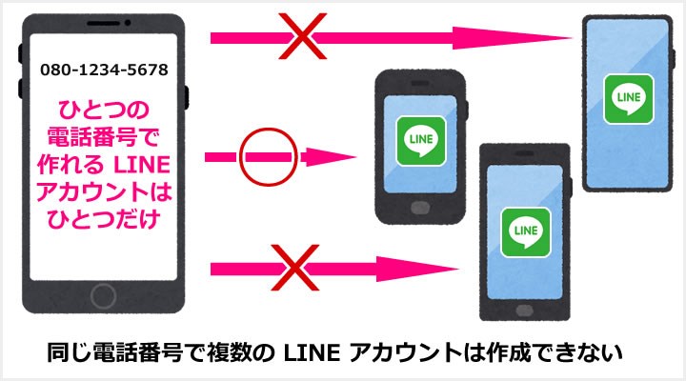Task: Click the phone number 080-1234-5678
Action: (x=105, y=70)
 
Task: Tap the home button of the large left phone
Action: (x=105, y=291)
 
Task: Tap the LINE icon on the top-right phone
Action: (x=628, y=98)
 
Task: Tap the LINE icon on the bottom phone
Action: (x=522, y=230)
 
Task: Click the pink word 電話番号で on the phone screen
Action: (x=105, y=130)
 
